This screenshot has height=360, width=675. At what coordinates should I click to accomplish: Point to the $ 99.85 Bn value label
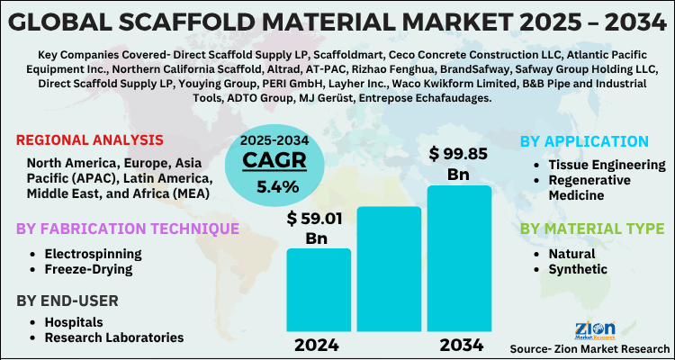pos(461,163)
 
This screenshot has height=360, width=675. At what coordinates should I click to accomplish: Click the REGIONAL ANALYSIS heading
pos(89,140)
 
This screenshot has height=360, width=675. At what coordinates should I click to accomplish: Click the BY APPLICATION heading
pos(585,142)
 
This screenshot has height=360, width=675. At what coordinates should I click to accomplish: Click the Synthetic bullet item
pos(578,268)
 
